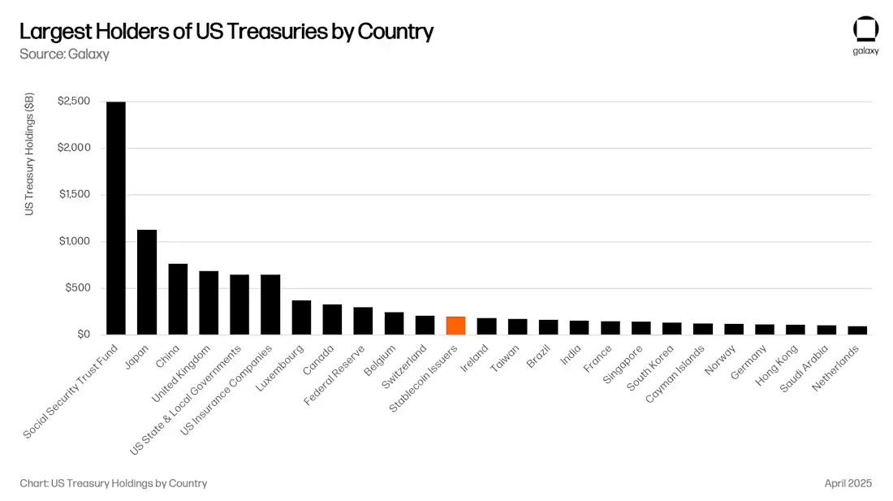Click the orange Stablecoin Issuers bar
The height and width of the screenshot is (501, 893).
(455, 326)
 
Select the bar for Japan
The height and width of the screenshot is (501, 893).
(147, 282)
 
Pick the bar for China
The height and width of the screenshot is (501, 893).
(178, 299)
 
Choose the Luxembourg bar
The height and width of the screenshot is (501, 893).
(301, 317)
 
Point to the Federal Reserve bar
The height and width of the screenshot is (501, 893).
(363, 321)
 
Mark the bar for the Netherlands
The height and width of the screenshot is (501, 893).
(857, 330)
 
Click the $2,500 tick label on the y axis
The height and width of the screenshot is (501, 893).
(75, 101)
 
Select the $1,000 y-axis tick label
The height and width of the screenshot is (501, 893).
(75, 241)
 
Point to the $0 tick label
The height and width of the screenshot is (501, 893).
(84, 335)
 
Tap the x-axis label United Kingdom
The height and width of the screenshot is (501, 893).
(180, 374)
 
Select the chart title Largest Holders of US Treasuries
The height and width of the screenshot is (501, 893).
(226, 32)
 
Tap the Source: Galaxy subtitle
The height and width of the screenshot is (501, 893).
(64, 54)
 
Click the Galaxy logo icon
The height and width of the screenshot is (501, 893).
(865, 29)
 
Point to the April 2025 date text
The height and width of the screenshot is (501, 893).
(848, 483)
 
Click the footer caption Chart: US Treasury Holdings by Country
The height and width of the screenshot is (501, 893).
(114, 483)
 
